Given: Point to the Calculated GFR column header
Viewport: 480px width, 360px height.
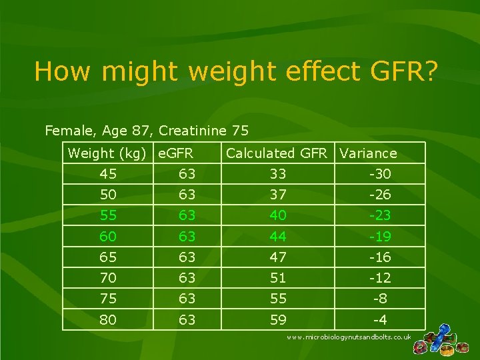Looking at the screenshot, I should tap(277, 154).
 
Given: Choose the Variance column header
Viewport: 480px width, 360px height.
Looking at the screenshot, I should tap(368, 154).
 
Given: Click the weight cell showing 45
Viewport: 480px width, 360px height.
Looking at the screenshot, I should tap(107, 175).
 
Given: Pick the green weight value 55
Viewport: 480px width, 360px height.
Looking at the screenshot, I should tap(107, 216).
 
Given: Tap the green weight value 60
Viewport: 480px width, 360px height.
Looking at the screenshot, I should tap(107, 237).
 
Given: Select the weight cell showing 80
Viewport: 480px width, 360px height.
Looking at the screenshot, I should tap(107, 320).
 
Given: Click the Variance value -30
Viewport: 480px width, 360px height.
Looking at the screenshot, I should tap(380, 175).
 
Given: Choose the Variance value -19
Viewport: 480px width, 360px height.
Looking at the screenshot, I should tap(380, 237).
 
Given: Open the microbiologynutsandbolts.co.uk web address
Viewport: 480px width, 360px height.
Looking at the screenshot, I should tap(349, 338).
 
